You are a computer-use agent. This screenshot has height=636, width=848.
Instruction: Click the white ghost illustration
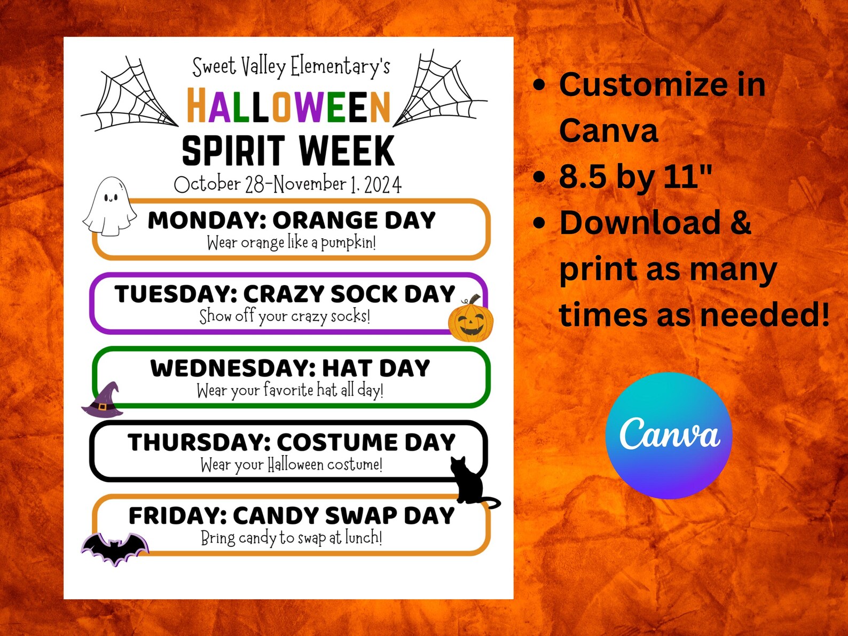(109, 207)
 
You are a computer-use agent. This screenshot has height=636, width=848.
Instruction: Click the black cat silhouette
(470, 481)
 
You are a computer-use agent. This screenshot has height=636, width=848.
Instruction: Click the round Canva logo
(669, 435)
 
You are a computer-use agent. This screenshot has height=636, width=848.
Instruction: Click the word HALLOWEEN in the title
(288, 106)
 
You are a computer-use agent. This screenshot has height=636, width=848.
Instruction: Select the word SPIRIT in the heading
(233, 151)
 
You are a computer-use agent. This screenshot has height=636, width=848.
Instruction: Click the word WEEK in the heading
(347, 151)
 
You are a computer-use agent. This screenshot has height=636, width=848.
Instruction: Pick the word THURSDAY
(199, 442)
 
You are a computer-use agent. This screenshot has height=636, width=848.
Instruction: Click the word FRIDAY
(177, 516)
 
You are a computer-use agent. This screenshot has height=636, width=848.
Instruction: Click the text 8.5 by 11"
(635, 176)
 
